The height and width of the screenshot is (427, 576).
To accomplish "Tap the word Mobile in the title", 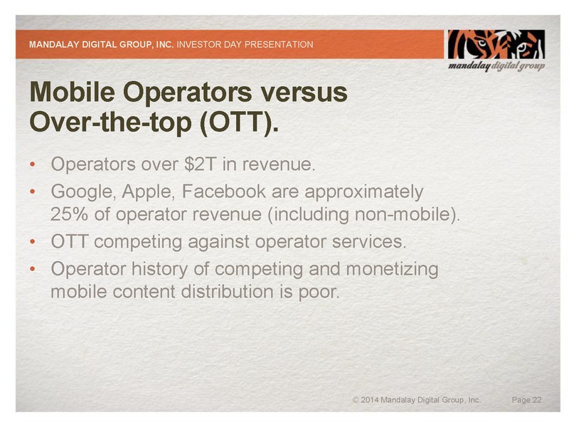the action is (x=72, y=92).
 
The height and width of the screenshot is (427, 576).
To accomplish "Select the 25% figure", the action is (x=69, y=214).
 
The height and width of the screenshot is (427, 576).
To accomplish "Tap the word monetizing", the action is (x=393, y=269).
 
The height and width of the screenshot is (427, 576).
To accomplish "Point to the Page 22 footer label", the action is (x=527, y=400).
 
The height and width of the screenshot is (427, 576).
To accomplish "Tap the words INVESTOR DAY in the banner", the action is (x=209, y=45).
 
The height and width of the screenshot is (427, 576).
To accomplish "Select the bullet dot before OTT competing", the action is (x=33, y=242).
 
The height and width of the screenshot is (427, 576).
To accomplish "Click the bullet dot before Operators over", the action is (x=33, y=164).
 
